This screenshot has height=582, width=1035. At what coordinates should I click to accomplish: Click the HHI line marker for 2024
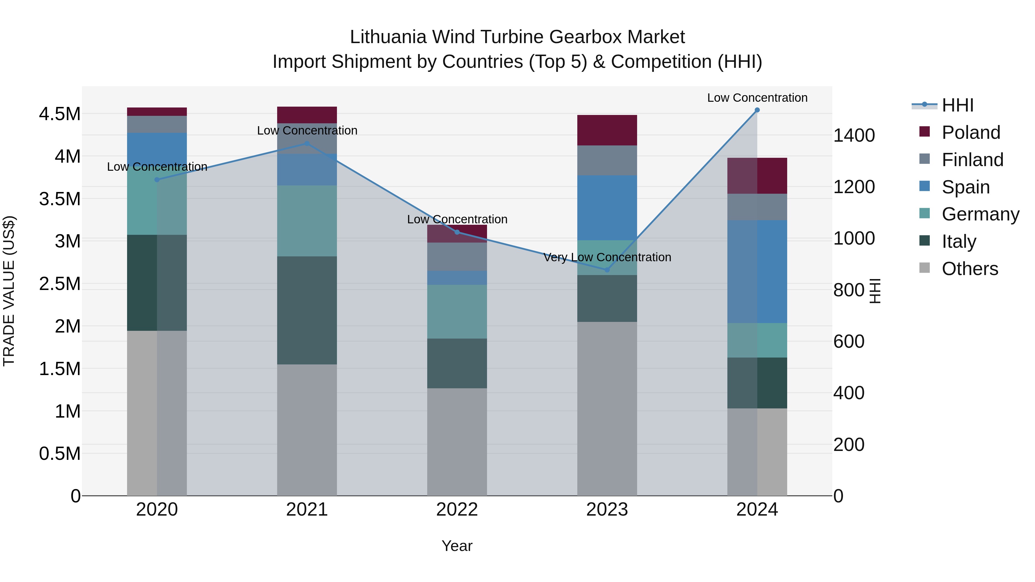[757, 110]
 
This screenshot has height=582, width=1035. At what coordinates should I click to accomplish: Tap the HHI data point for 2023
[607, 270]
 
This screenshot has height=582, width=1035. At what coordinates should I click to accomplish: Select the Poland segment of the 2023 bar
[607, 130]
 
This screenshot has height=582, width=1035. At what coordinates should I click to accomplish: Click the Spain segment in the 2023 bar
[607, 208]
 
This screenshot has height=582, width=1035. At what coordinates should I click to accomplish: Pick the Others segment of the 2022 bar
[457, 442]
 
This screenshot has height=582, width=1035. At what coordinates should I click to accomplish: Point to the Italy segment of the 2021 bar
[307, 310]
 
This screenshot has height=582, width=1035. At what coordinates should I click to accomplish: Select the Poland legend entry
[970, 132]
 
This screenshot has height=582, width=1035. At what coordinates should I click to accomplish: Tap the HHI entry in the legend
[957, 105]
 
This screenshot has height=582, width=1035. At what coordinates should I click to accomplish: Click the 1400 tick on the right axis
[854, 135]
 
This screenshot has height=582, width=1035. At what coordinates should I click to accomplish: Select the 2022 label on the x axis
[457, 510]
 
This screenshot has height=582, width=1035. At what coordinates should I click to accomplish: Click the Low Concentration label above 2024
[757, 98]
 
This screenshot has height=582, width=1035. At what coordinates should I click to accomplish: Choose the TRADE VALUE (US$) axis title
[9, 291]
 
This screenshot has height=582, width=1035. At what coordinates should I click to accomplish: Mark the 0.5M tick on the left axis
[60, 454]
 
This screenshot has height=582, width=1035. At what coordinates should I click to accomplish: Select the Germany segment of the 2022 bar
[457, 312]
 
